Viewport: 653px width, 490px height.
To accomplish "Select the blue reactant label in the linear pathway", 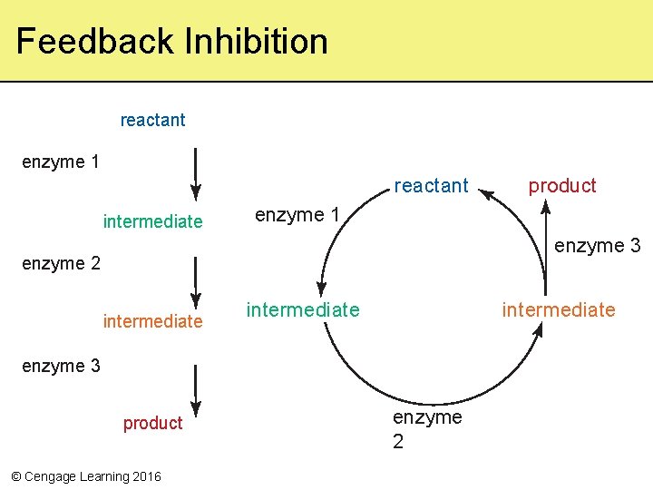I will pos(152,120).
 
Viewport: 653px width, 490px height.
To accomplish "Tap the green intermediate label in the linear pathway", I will pos(152,221).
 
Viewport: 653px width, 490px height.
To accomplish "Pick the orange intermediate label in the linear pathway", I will pos(152,321).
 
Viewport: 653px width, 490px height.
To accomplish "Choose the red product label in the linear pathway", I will pos(152,423).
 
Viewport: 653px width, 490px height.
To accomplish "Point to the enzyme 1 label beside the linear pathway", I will pos(60,162).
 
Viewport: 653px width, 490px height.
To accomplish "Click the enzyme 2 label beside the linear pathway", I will pos(60,264).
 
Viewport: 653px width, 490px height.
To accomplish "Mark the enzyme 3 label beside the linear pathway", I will pos(60,366).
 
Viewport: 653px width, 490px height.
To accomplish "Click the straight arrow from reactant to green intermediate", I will pos(195,174).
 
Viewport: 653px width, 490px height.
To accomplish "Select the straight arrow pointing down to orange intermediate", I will pos(195,281).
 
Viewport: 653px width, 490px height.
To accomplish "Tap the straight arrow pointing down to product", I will pos(195,388).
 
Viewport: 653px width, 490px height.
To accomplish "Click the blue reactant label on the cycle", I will pos(431,186).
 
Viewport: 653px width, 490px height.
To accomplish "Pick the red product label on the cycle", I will pos(562,186).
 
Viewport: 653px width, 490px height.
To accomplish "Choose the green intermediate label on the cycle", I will pos(302,310).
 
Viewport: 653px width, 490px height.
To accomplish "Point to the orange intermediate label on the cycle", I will pos(559,310).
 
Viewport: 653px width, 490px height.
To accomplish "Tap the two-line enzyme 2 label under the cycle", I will pos(426,429).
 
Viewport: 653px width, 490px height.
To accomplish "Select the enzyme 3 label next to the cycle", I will pos(597,246).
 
